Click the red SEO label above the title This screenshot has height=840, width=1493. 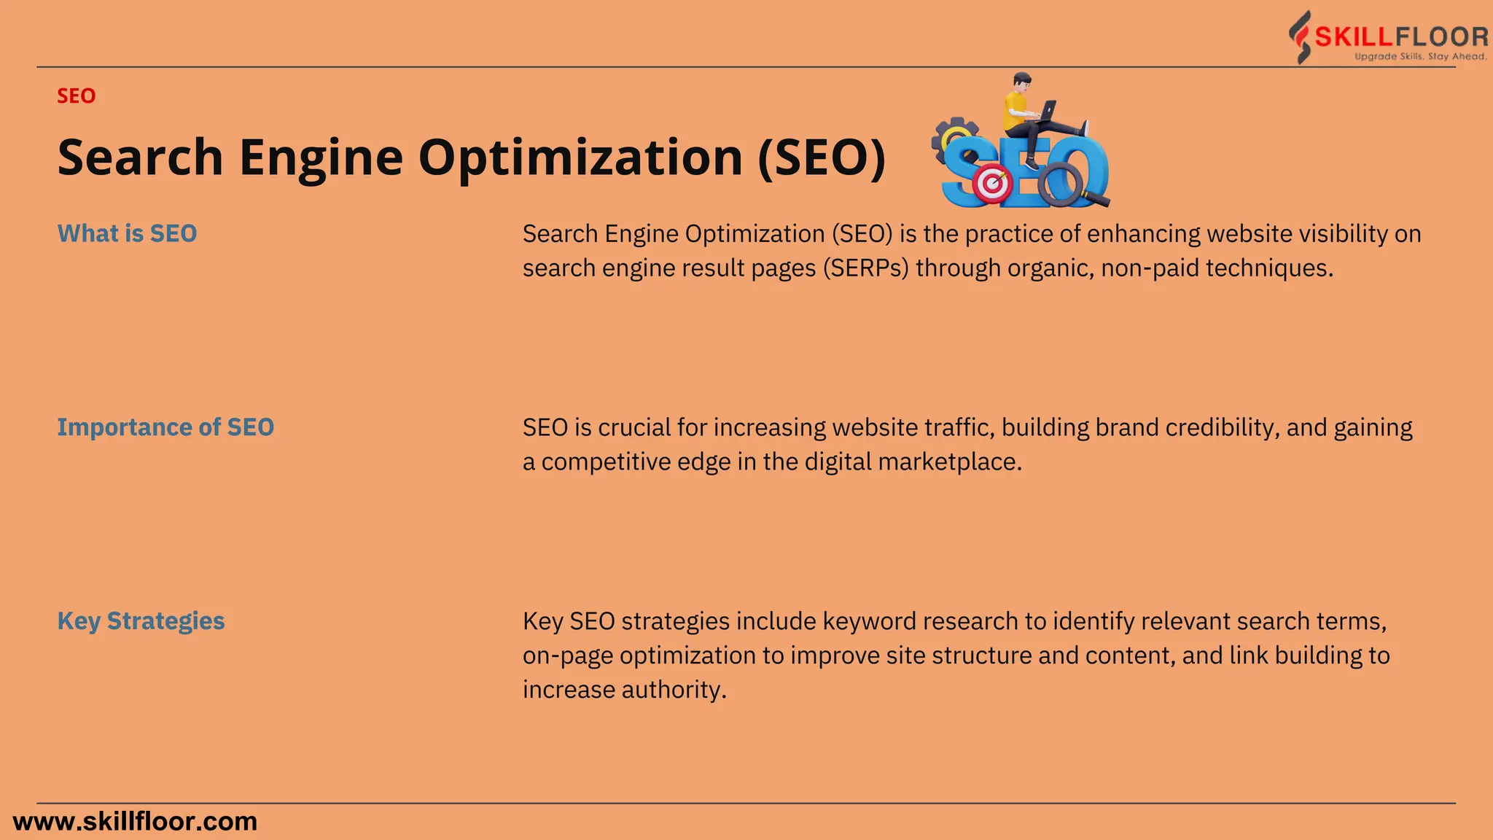pos(77,96)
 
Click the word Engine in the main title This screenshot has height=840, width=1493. pos(321,157)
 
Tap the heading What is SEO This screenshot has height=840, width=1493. pos(128,233)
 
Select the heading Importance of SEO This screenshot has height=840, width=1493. pos(165,427)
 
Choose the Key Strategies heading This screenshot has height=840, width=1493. pos(141,621)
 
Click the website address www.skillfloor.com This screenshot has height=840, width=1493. pos(136,822)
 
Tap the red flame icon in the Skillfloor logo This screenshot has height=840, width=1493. pos(1300,36)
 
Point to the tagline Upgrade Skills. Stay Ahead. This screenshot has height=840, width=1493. pos(1420,57)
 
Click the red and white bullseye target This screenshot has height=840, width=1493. pos(992,184)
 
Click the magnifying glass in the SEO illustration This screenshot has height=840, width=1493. pos(1063,185)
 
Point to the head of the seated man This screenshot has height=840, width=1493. pos(1022,81)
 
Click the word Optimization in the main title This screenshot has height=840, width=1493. pos(580,157)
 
